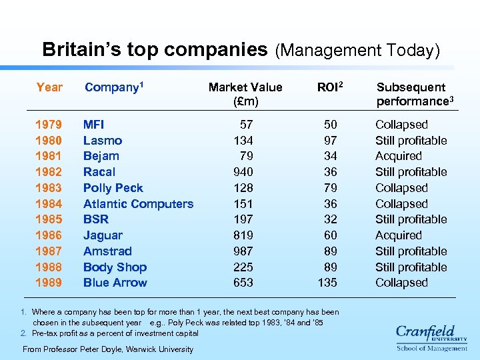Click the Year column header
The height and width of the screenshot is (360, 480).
[49, 87]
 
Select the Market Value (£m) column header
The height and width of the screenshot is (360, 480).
[245, 94]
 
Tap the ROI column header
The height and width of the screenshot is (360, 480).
[331, 87]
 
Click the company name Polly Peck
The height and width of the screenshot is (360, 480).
[113, 188]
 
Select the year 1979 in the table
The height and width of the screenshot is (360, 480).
[49, 125]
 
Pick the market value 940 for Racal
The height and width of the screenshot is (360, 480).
[243, 172]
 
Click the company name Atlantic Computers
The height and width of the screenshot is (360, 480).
[138, 204]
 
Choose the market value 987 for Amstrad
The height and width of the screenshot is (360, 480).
[243, 251]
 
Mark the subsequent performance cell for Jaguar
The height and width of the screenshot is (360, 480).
[398, 235]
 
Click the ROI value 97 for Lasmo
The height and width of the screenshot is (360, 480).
[330, 141]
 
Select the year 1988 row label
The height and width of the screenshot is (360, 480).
[49, 267]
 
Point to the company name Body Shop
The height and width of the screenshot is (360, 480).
[115, 267]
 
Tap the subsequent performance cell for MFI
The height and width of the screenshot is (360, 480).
[401, 125]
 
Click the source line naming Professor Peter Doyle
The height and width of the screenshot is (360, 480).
[108, 349]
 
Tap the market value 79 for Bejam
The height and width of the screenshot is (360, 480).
[247, 156]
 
